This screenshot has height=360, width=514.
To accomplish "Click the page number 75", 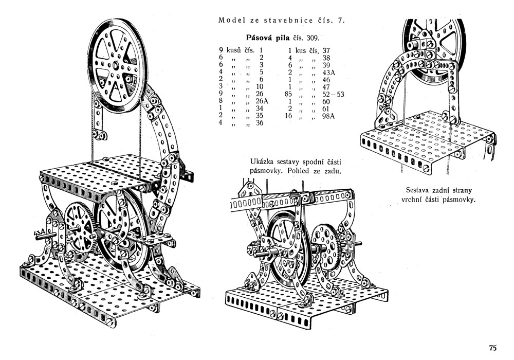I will coord(492,348).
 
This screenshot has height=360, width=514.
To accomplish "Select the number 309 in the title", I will coord(311,38).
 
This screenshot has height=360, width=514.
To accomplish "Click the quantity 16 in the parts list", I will coord(288,116).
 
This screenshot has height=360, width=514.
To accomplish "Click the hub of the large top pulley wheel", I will coord(116,65).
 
